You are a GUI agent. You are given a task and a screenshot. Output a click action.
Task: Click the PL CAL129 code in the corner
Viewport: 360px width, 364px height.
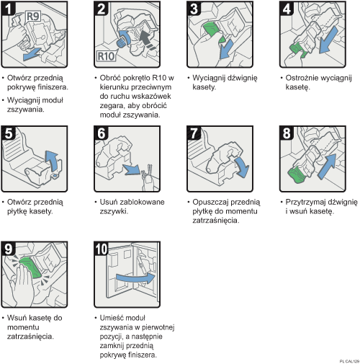(346, 359)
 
